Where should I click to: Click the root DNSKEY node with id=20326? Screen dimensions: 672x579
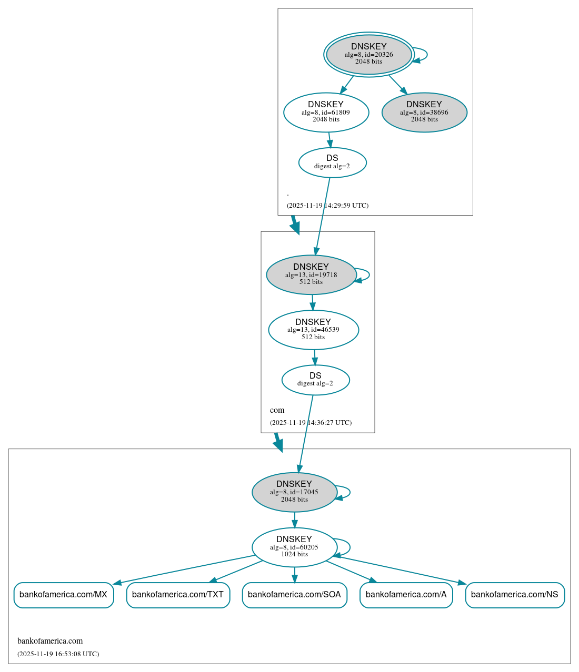point(368,54)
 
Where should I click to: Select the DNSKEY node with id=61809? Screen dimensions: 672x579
point(326,112)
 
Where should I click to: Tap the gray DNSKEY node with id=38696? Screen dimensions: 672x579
point(424,112)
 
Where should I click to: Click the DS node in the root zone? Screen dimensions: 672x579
point(332,162)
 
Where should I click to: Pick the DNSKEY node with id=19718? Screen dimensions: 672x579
point(311,274)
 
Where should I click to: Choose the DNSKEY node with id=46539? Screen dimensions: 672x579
point(313,330)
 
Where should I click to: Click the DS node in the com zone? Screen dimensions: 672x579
point(315,380)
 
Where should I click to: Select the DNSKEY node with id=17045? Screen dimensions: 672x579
point(294,492)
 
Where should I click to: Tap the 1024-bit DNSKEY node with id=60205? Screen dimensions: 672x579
point(294,547)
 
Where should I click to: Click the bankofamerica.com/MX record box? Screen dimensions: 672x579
point(63,595)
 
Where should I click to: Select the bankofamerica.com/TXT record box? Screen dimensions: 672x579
point(178,595)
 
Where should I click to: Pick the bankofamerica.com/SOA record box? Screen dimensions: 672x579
point(294,595)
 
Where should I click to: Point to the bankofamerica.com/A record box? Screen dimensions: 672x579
point(406,595)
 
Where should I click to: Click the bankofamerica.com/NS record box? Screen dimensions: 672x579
point(514,595)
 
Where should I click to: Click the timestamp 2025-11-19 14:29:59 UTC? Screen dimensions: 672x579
point(327,206)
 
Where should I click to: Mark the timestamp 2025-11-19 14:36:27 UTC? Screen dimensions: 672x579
point(311,423)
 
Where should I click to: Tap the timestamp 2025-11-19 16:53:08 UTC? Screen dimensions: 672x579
point(58,654)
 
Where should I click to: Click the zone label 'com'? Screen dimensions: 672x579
point(277,410)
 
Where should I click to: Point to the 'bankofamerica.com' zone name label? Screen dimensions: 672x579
point(50,641)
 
